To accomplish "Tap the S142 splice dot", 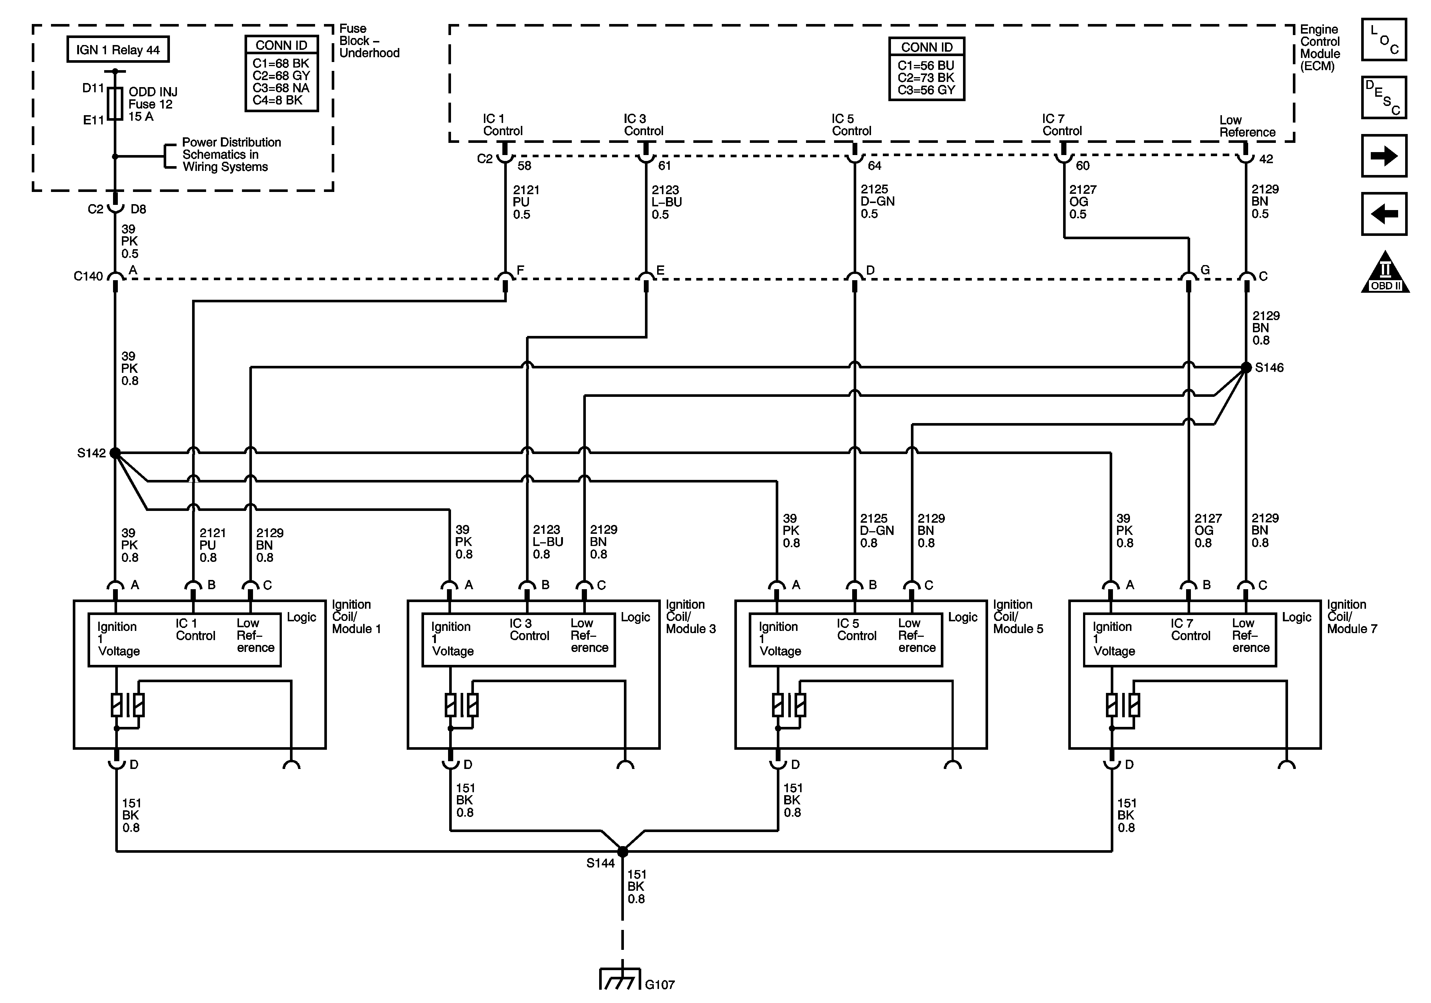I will click(115, 453).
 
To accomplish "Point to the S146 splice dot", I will click(1246, 368).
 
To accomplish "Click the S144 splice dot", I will click(623, 851).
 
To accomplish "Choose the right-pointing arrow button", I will click(1384, 156).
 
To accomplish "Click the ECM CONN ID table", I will click(927, 69).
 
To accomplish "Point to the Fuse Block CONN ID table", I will click(282, 73).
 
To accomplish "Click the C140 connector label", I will click(88, 276).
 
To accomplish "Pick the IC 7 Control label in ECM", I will click(1062, 125).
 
